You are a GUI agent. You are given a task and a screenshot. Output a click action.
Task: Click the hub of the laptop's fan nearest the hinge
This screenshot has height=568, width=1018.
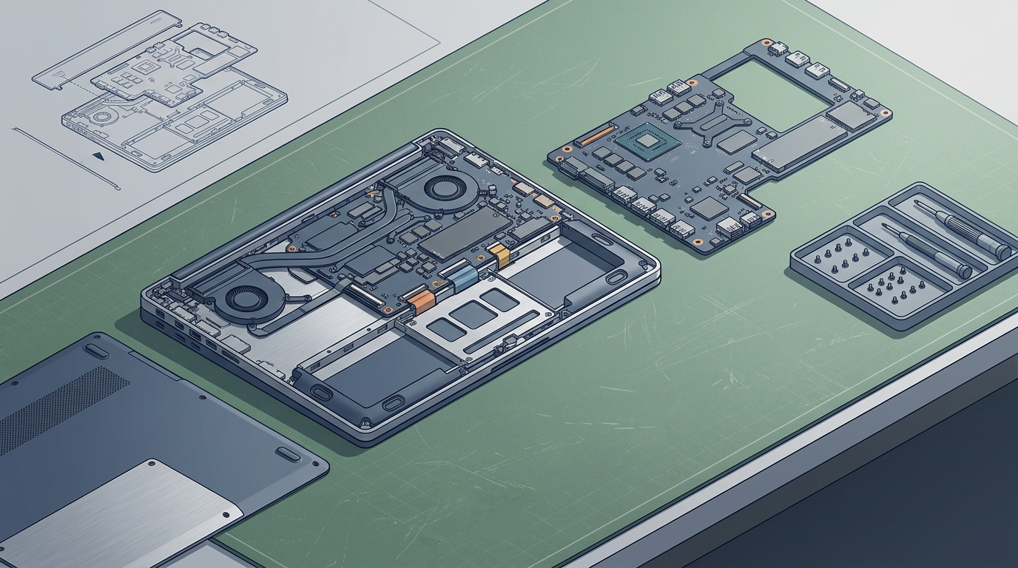tap(444, 187)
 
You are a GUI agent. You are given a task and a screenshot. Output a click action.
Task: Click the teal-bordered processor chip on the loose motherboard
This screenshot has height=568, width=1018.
tap(646, 141)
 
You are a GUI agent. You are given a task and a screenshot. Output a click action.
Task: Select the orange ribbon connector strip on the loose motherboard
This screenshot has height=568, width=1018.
tap(594, 135)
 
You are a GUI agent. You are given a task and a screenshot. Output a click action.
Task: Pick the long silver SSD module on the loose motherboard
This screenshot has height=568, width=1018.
tap(798, 142)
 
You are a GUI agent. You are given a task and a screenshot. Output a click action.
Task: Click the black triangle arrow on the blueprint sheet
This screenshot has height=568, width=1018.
tap(98, 156)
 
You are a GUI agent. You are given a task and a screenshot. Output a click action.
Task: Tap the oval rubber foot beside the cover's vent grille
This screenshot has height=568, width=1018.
tap(96, 351)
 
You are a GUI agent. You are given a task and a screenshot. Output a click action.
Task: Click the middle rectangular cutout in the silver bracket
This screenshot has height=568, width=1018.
tap(473, 314)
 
